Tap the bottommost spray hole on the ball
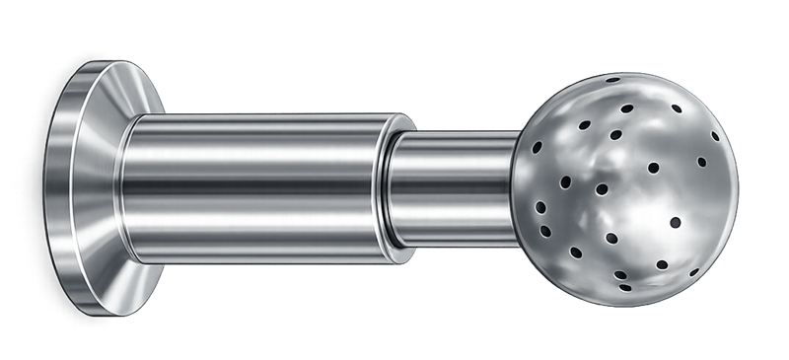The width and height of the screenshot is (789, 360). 624,287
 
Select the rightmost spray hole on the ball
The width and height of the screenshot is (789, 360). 702,162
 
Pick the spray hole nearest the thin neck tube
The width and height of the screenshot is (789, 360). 538,148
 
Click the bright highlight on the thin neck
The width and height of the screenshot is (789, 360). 454,163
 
